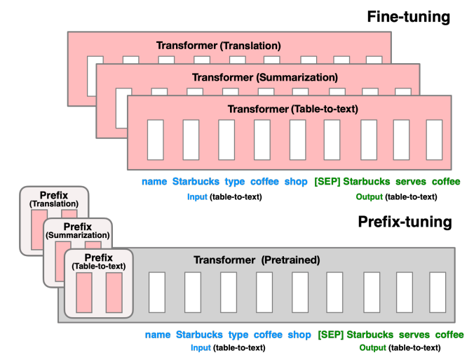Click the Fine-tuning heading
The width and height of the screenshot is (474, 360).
click(408, 16)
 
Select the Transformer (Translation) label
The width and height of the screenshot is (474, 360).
click(218, 46)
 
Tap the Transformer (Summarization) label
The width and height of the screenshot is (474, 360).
click(264, 77)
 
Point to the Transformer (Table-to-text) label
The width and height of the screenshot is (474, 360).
click(293, 109)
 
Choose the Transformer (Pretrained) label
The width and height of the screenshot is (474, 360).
click(256, 260)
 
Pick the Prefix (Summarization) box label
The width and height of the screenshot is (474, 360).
click(77, 231)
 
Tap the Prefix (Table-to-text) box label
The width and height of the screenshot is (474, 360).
click(98, 261)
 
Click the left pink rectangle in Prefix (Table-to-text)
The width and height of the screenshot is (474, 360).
click(84, 293)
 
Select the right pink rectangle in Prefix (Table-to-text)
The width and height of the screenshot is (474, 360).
click(114, 293)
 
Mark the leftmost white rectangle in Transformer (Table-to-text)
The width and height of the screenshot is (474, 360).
click(155, 140)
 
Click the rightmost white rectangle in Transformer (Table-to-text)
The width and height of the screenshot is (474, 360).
click(435, 140)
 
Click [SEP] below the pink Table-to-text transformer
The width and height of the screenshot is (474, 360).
click(327, 182)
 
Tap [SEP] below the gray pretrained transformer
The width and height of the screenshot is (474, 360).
click(330, 334)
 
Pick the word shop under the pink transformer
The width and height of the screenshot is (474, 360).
click(296, 182)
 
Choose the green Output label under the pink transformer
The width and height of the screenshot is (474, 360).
click(369, 196)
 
